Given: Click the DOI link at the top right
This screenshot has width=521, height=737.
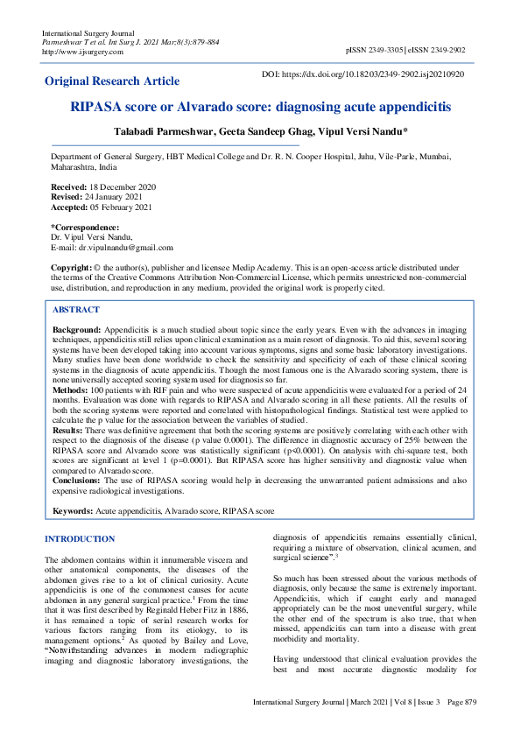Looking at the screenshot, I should (x=376, y=75).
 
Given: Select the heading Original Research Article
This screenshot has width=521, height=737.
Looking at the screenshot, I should (x=112, y=81).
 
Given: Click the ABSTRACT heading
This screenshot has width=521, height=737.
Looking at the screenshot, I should (x=76, y=310).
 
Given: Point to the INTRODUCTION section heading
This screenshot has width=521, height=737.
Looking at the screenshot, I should (x=80, y=538).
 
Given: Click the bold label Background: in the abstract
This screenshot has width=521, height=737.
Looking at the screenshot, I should (x=76, y=326).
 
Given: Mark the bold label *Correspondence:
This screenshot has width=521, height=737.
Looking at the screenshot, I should (x=84, y=228).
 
